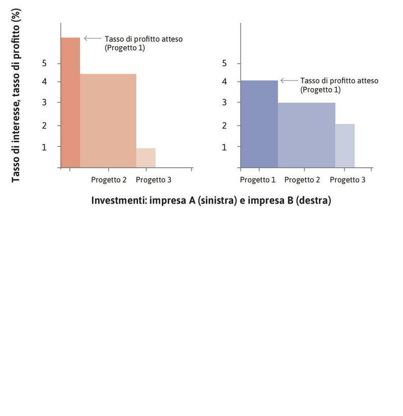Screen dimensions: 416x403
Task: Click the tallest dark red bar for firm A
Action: pos(70,102)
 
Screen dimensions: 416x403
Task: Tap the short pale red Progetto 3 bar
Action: pos(146,158)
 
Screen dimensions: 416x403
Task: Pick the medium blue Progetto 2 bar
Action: pos(306,135)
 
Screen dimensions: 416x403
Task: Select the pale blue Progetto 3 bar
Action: pos(345,145)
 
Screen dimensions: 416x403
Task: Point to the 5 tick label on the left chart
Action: pos(44,63)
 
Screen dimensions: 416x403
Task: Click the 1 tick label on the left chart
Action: pos(44,147)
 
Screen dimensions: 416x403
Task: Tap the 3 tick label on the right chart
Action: pos(224,103)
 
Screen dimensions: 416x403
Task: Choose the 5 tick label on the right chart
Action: pos(224,63)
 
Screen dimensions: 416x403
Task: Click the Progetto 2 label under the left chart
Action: pos(108,180)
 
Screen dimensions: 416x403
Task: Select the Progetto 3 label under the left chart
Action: pos(154,180)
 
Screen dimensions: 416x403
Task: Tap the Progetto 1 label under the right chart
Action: pos(258,180)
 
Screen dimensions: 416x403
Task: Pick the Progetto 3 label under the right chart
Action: pos(347,180)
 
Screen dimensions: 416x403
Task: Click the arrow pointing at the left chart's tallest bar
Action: pos(92,38)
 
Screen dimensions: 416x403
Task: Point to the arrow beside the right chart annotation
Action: pos(289,80)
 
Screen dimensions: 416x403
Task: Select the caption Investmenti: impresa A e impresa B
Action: pos(211,200)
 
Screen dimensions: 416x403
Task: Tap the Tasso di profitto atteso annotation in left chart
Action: pos(143,43)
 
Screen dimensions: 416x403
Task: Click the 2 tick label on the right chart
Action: pos(224,125)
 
